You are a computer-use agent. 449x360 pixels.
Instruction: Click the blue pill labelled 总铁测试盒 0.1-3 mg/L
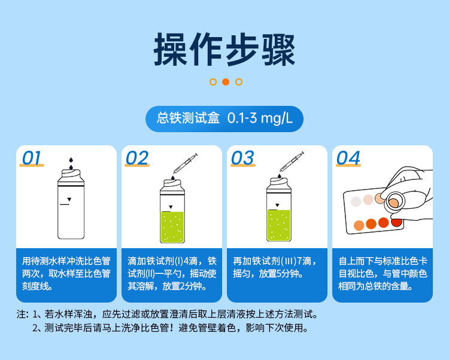pos(224,118)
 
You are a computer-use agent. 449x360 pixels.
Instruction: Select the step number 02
pos(137,158)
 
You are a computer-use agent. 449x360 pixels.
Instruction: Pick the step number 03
pos(242,158)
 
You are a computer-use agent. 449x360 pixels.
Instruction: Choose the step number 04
pos(348,158)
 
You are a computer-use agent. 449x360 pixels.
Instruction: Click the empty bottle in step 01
pos(69,206)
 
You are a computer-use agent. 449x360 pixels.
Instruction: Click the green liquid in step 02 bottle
pos(172,226)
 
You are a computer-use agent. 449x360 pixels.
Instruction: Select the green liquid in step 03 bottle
pos(278,226)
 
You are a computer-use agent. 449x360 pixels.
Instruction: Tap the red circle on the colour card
pos(396,222)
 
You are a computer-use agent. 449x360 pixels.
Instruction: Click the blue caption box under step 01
pos(66,274)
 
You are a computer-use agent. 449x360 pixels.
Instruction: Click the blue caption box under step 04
pos(383,274)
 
